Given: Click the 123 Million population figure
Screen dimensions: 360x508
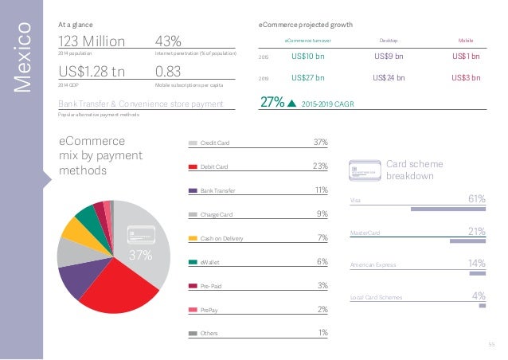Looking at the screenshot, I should click(92, 40).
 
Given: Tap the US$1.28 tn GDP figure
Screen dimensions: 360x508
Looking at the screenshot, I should click(92, 72).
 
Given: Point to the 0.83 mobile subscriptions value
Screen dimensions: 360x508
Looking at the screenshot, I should click(169, 72).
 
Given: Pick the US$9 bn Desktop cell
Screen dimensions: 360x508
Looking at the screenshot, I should click(389, 57).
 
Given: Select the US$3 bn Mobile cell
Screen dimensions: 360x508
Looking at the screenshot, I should click(466, 78).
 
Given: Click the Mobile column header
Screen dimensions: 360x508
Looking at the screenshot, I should click(466, 39).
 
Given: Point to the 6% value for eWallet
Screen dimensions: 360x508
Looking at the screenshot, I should click(322, 261).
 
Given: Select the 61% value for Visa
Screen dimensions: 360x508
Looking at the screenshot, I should click(475, 199).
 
